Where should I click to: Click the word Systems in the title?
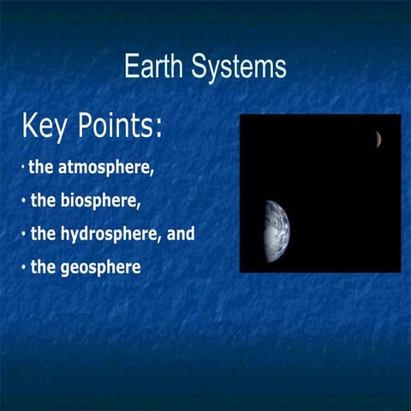pos(241,67)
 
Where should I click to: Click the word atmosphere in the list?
pos(106,167)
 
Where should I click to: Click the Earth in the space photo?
pos(277,231)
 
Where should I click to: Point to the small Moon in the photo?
pos(377,138)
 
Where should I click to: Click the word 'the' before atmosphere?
pos(42,167)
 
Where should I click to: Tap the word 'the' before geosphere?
pos(44,267)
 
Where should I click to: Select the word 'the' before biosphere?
pos(44,201)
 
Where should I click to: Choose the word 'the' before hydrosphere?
pos(44,234)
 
